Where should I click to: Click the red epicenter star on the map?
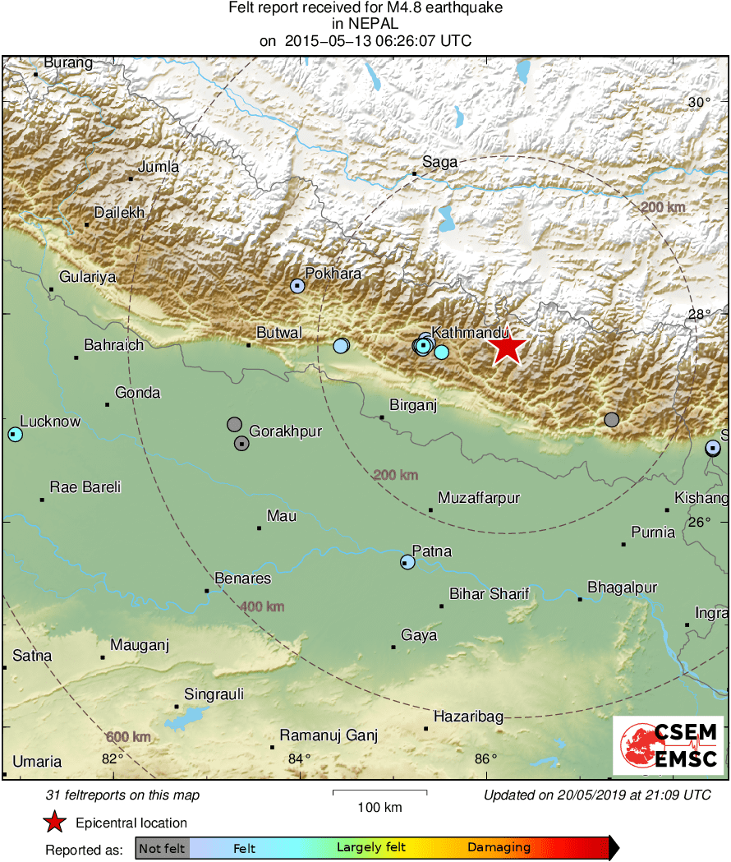coord(508,348)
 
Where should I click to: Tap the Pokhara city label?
coord(333,274)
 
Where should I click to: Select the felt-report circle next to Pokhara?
coord(297,286)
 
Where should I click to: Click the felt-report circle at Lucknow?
coord(15,434)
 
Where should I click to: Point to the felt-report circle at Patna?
coord(407,562)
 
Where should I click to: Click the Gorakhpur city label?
coord(285,431)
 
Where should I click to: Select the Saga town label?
coord(439,162)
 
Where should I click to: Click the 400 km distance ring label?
coord(262,606)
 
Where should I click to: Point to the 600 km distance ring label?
coord(128,736)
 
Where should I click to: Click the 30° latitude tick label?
coord(699,103)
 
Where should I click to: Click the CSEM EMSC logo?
coord(668,745)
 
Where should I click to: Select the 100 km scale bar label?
coord(380,807)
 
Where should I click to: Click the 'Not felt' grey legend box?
coord(162,847)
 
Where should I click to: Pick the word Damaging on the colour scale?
coord(499,847)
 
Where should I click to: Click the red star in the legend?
coord(54,822)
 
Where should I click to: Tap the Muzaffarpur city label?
coord(479,498)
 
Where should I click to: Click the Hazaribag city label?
coord(468,717)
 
